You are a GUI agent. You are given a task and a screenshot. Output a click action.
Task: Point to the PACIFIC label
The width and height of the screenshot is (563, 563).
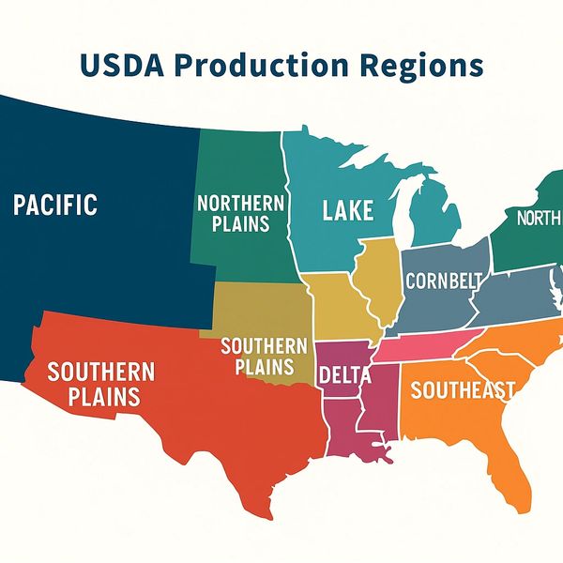click(x=55, y=205)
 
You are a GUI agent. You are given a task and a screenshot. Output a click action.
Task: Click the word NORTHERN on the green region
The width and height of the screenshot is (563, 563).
click(x=240, y=203)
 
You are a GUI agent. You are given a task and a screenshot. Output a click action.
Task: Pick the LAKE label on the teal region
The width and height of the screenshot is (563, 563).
click(x=348, y=210)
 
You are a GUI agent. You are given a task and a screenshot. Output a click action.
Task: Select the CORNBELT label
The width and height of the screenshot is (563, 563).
click(x=444, y=281)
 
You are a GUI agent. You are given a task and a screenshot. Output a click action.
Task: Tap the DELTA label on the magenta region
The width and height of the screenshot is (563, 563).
click(x=345, y=375)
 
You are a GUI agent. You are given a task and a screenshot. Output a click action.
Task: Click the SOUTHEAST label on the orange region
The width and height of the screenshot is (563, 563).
click(x=463, y=389)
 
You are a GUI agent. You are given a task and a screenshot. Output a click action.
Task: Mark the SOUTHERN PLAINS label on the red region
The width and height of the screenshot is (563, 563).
click(x=94, y=383)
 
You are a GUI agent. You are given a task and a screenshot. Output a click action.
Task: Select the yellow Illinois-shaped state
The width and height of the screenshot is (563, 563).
click(x=377, y=281)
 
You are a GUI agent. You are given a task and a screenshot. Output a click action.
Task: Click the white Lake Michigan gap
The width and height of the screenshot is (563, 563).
click(x=400, y=211)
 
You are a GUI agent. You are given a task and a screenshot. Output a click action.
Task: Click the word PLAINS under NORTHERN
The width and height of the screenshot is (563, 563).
click(x=240, y=223)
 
